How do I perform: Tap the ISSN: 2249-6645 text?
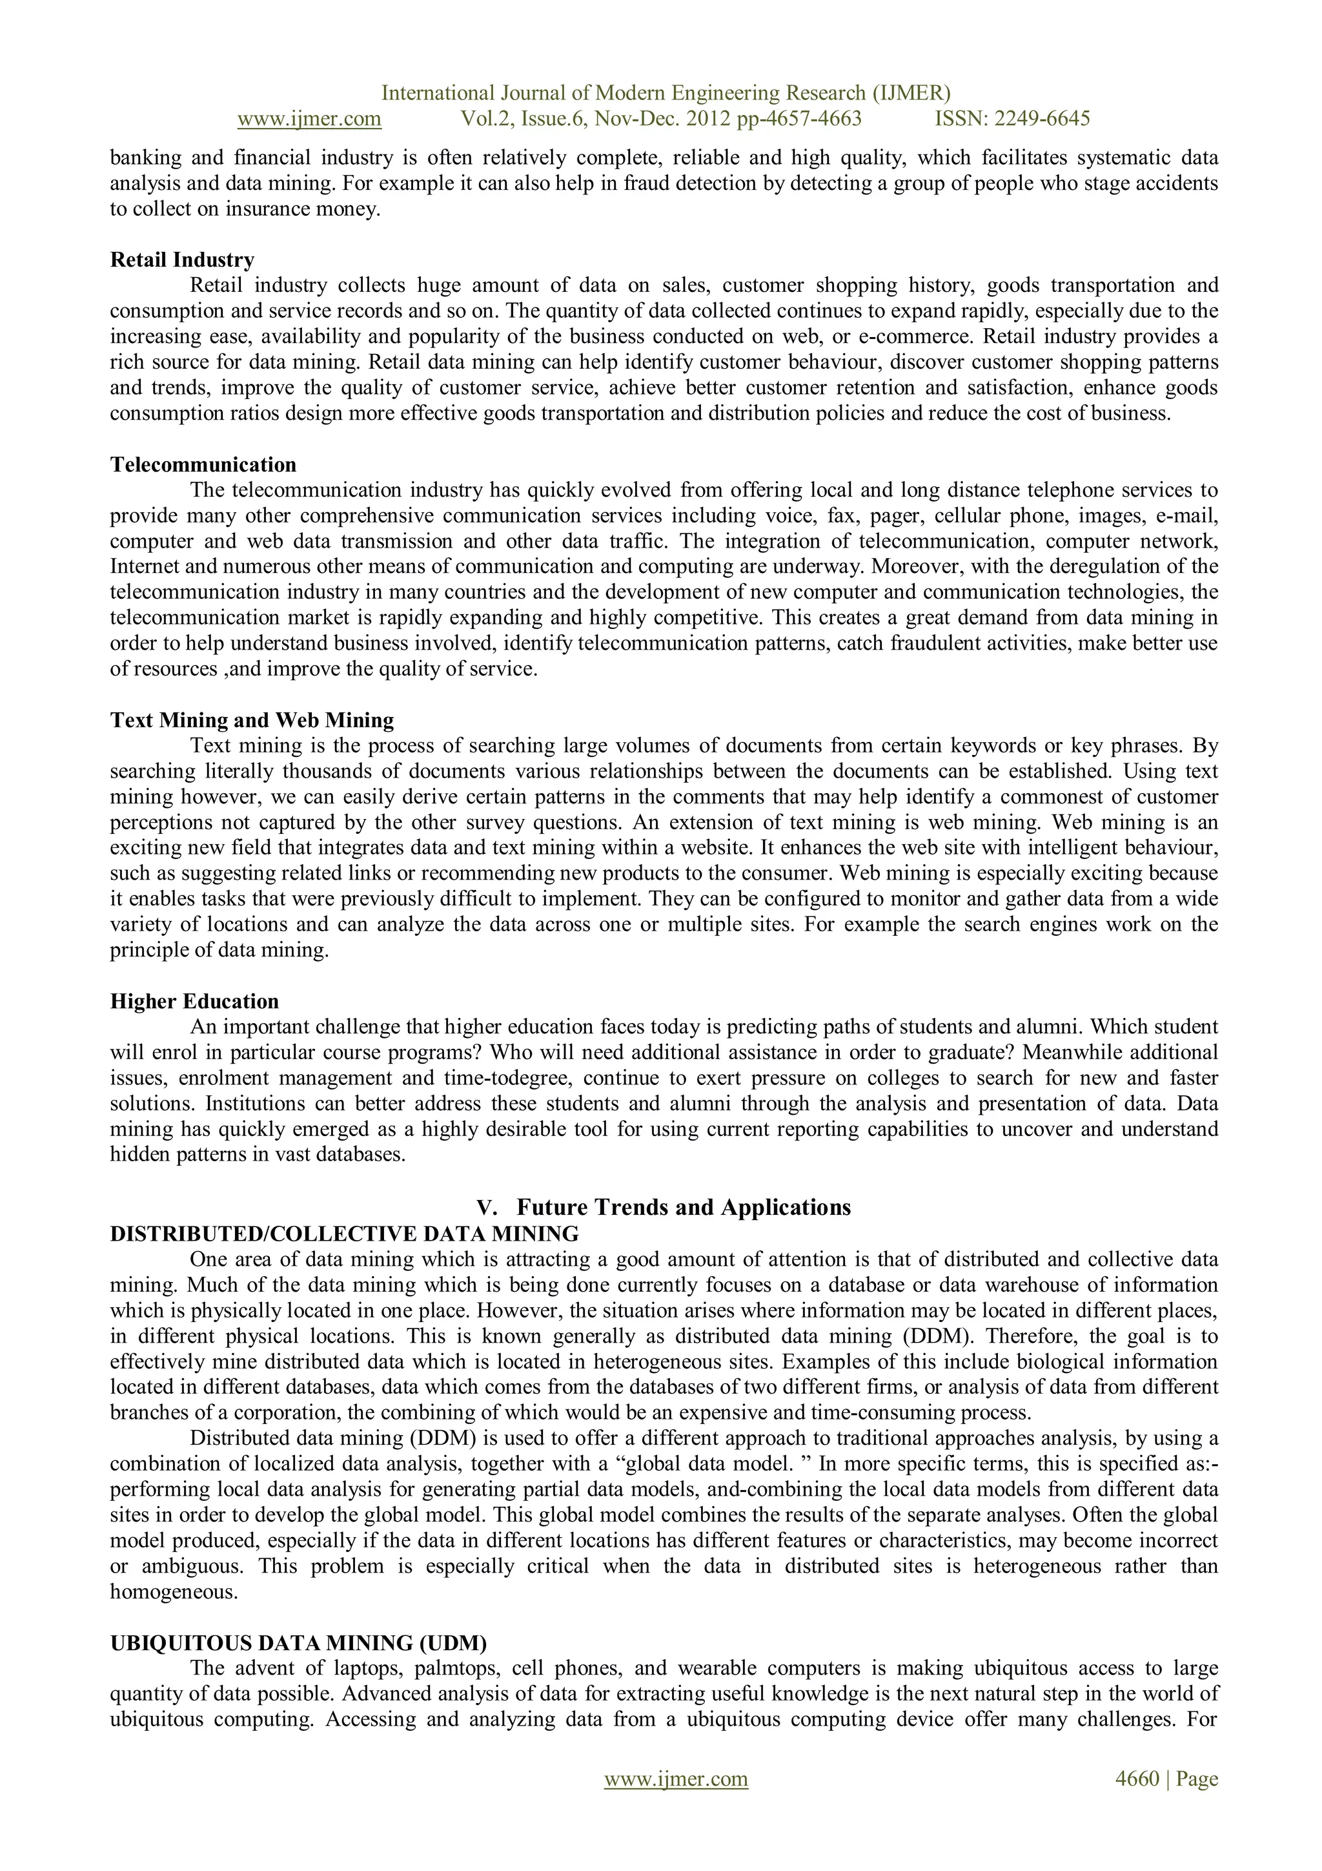pyautogui.click(x=1012, y=119)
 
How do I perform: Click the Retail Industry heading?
pyautogui.click(x=183, y=260)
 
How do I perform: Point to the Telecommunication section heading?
pyautogui.click(x=203, y=464)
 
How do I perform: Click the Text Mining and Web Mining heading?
pyautogui.click(x=252, y=720)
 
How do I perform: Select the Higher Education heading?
pyautogui.click(x=194, y=1002)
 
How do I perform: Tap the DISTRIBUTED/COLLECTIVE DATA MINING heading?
pyautogui.click(x=345, y=1233)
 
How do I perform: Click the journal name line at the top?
pyautogui.click(x=666, y=93)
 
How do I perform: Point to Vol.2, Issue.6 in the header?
pyautogui.click(x=523, y=119)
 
